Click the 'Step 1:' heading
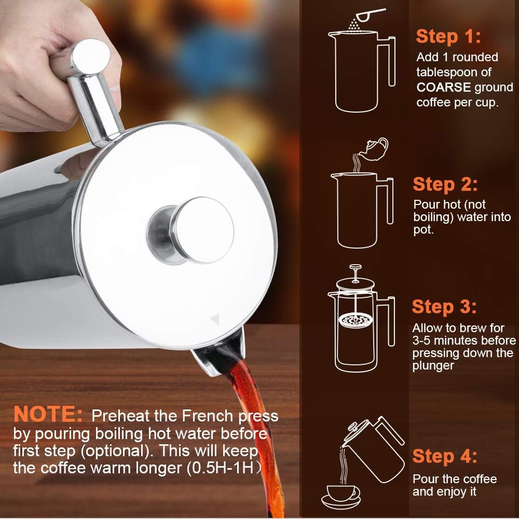pyautogui.click(x=448, y=36)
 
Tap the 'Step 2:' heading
pyautogui.click(x=445, y=184)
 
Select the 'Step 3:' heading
pyautogui.click(x=444, y=307)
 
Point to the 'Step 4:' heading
pyautogui.click(x=444, y=456)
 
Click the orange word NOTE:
pyautogui.click(x=48, y=415)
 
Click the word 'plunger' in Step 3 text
pyautogui.click(x=433, y=366)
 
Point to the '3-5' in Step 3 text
pyautogui.click(x=423, y=341)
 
